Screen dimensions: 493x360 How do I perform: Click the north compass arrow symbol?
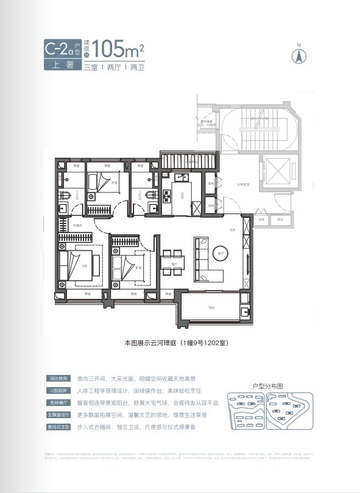point(299,55)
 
